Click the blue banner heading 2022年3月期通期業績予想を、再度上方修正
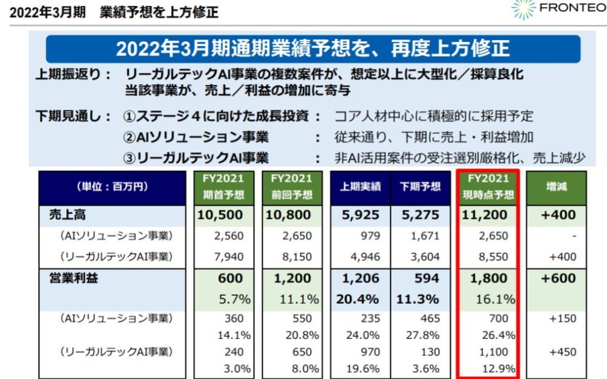(x=313, y=49)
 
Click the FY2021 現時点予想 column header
(x=487, y=187)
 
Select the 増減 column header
(x=556, y=187)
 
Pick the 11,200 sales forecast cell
(x=487, y=215)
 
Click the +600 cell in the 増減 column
(x=557, y=278)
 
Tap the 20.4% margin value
(x=359, y=299)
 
